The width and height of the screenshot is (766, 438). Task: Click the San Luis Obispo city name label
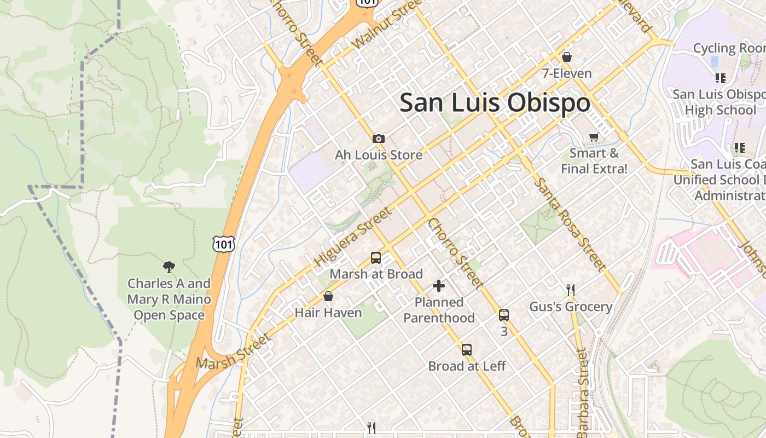(x=495, y=103)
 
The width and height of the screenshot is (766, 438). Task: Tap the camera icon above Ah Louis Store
(x=378, y=139)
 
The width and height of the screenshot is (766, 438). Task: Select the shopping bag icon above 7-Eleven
(x=567, y=57)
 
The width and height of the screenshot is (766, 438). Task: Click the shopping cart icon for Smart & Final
(x=594, y=137)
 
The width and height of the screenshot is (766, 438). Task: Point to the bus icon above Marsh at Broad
(x=376, y=257)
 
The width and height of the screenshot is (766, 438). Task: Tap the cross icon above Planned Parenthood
(x=439, y=285)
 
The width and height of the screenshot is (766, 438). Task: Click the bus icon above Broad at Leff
(x=466, y=349)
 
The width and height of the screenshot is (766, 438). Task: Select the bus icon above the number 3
(x=504, y=315)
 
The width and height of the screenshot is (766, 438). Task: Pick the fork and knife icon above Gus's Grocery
(x=571, y=290)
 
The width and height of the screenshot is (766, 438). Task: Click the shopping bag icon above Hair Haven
(x=328, y=296)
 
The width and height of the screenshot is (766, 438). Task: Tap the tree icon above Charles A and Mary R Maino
(x=169, y=267)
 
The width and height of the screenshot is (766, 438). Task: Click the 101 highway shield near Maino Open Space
(x=224, y=244)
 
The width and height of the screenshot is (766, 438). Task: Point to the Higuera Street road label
(x=353, y=238)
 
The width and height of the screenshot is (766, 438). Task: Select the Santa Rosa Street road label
(x=571, y=224)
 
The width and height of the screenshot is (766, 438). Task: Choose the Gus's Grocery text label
(x=571, y=307)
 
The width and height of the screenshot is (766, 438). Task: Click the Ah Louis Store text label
(x=379, y=155)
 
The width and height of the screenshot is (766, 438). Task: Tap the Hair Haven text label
(x=328, y=313)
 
